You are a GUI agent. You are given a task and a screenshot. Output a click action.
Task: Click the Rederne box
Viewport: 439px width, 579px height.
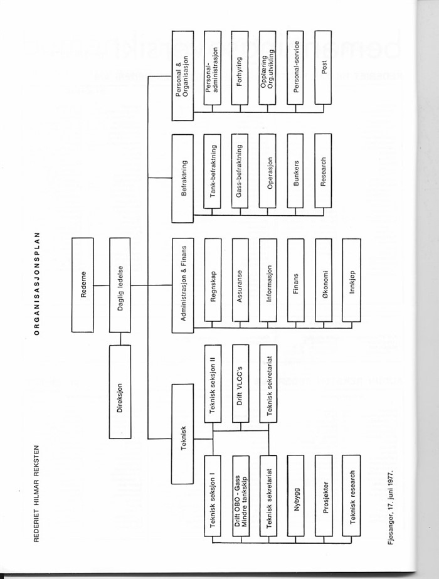[x=83, y=285]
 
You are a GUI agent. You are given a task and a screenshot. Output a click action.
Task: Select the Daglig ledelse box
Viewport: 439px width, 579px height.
[x=120, y=285]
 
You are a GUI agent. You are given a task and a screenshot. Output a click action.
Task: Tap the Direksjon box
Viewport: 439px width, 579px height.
[x=120, y=392]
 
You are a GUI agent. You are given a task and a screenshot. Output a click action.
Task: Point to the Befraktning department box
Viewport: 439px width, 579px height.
[x=182, y=178]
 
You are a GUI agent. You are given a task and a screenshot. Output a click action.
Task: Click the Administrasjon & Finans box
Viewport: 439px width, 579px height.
[x=182, y=285]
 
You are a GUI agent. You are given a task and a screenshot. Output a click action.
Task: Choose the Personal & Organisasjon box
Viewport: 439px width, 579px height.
[x=182, y=76]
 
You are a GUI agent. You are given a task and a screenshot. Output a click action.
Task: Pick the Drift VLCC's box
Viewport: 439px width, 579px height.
[x=240, y=384]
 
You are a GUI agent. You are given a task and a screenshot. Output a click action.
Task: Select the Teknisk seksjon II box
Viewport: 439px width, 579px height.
[x=213, y=384]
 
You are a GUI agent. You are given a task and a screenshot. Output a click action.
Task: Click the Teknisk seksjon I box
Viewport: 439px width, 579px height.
[x=213, y=496]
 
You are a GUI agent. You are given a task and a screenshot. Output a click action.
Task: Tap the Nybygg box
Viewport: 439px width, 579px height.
[x=296, y=496]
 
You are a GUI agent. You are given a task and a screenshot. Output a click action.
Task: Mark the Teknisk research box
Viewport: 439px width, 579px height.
[x=351, y=496]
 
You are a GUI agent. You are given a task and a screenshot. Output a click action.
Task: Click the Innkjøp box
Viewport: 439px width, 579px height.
[x=351, y=280]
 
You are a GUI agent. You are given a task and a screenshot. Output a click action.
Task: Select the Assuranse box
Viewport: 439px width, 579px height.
[x=240, y=280]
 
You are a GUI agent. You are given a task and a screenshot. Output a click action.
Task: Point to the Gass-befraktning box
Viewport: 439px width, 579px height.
[x=240, y=171]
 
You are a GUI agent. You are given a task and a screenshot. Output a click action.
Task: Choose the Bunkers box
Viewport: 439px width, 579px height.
[x=295, y=171]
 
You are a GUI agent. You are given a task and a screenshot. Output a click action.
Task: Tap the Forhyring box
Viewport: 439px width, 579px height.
[x=240, y=68]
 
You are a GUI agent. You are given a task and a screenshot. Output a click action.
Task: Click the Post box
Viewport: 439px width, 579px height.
[x=323, y=67]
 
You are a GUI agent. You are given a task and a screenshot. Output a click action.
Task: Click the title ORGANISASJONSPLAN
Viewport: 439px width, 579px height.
[x=36, y=284]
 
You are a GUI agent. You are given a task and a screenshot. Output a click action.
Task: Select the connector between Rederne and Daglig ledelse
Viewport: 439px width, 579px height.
[x=102, y=285]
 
